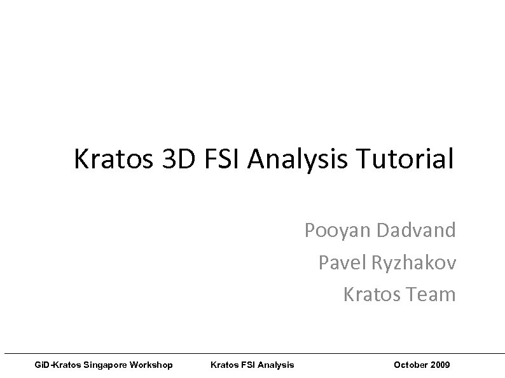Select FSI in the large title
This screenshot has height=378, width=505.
click(x=219, y=159)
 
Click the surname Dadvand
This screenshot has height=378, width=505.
click(x=416, y=230)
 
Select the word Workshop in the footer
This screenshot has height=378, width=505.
click(x=150, y=365)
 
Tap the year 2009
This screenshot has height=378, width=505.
click(x=440, y=365)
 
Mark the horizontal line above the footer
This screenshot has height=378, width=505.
click(x=254, y=353)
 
